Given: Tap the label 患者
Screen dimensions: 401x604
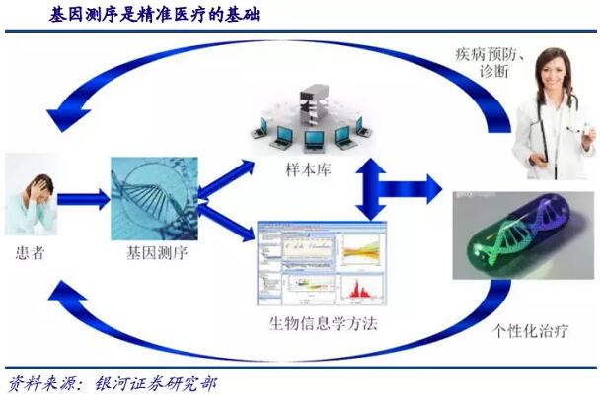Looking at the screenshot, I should (29, 252).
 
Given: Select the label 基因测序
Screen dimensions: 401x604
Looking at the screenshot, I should (158, 253).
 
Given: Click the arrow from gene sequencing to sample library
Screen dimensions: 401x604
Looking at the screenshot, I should (225, 178).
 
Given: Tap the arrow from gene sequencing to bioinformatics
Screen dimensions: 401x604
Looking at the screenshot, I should (225, 222).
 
